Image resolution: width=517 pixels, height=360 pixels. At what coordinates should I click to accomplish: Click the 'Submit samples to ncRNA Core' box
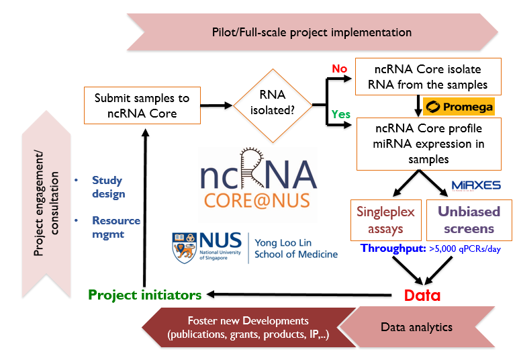142,105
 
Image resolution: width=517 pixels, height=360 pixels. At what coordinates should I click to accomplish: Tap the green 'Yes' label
341,114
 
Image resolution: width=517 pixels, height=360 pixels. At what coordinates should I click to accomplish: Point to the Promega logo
459,106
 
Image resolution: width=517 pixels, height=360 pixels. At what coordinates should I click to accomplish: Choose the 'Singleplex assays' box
385,220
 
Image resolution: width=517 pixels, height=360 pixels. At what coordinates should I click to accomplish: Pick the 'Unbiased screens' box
469,220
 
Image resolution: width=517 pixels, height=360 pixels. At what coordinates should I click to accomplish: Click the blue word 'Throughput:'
393,248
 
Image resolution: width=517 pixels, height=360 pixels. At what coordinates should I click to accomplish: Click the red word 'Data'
422,295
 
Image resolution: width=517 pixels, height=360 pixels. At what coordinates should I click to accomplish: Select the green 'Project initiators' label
144,294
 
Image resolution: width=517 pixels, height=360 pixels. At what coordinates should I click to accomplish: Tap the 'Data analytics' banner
416,327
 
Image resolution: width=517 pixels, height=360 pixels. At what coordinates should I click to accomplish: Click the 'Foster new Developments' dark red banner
248,327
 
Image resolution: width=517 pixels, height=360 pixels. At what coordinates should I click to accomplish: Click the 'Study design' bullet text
108,187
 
